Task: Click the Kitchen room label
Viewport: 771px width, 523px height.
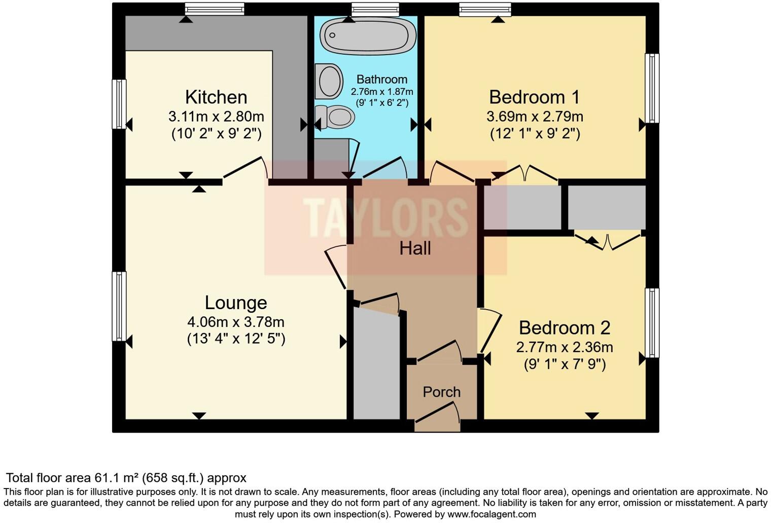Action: [x=216, y=97]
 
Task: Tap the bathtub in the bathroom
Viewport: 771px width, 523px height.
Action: [x=368, y=35]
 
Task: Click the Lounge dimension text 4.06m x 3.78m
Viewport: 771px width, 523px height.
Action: [x=236, y=322]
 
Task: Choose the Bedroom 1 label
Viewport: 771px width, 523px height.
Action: [x=535, y=97]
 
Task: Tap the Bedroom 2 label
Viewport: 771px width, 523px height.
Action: [x=565, y=328]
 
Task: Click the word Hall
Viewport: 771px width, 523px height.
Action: [x=415, y=248]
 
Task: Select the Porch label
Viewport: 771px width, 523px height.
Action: [x=442, y=392]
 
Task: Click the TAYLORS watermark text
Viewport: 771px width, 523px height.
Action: [x=386, y=218]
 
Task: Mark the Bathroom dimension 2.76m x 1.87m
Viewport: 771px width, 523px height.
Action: [x=382, y=92]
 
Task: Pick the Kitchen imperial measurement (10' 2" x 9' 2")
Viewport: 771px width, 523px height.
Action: [x=216, y=134]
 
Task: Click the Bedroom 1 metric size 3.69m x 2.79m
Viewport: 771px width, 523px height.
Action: [x=535, y=117]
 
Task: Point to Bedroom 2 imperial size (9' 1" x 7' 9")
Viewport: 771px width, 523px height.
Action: [x=565, y=364]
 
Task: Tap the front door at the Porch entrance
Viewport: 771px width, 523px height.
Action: [x=437, y=413]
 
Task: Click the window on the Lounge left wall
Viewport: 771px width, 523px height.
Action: [x=119, y=306]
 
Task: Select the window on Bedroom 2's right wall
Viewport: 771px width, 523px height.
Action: [x=652, y=323]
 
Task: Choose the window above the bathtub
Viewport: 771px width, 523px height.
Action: [x=375, y=9]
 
